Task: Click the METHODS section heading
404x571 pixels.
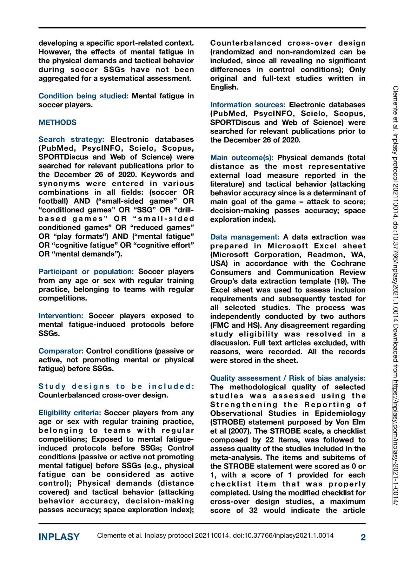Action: pos(57,122)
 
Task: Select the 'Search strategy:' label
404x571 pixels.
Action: pos(71,139)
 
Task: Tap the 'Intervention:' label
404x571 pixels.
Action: pos(61,316)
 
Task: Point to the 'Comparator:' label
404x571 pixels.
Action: pos(61,351)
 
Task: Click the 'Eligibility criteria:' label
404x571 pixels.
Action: pos(70,413)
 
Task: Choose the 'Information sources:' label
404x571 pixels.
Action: pos(248,105)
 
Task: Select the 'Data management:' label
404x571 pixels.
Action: pos(245,237)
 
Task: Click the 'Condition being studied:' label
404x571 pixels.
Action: pos(83,96)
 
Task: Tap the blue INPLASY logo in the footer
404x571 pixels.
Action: pos(59,537)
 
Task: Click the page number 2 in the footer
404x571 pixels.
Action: pos(363,537)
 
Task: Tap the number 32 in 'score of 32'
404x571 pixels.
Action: pos(253,510)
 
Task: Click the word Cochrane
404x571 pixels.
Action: pos(348,264)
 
